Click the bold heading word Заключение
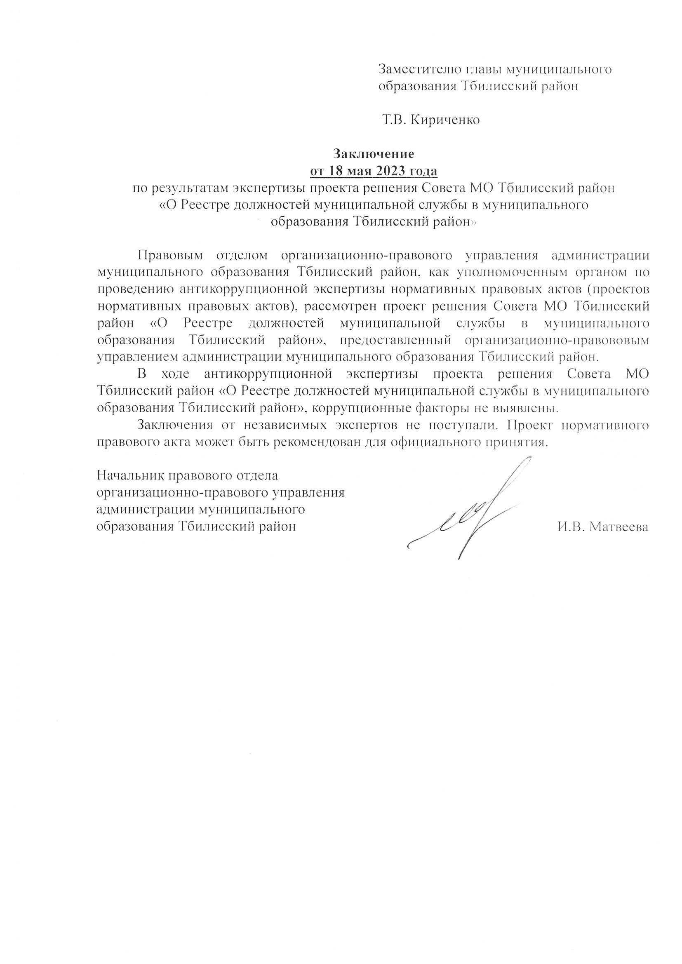click(373, 154)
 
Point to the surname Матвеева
click(619, 527)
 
